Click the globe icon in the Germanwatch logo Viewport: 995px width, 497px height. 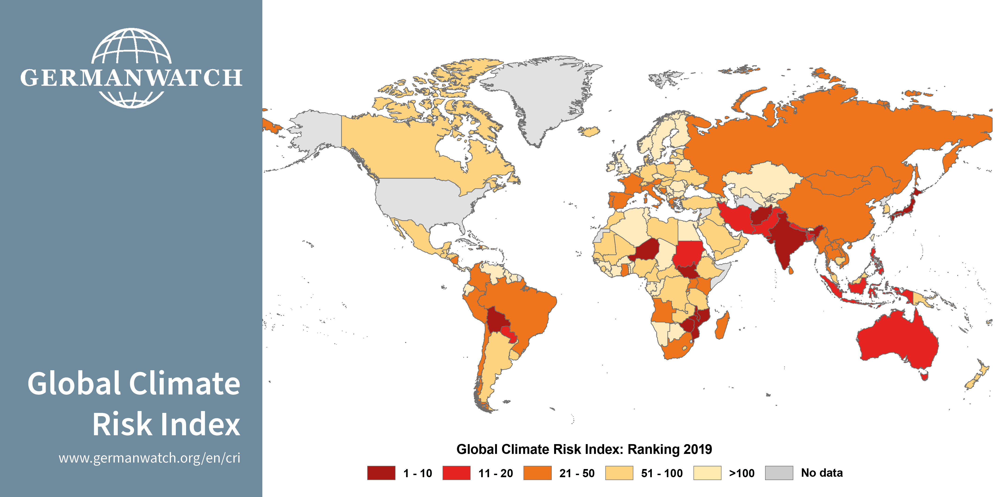point(131,46)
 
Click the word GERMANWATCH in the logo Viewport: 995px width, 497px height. point(131,78)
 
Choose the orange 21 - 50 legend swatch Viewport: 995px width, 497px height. point(537,473)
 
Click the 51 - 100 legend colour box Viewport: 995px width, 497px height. point(619,473)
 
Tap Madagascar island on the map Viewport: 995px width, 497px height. point(721,326)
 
